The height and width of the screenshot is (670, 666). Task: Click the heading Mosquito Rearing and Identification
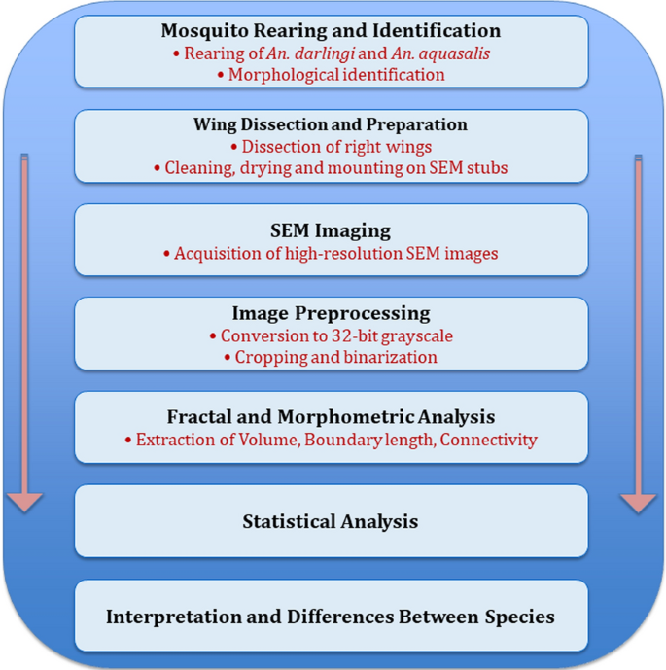coord(331,31)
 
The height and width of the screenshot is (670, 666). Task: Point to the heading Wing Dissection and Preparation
coord(331,124)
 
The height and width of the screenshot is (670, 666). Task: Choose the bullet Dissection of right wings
coord(332,147)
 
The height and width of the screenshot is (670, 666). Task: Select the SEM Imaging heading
coord(331,231)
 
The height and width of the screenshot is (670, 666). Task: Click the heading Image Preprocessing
coord(331,313)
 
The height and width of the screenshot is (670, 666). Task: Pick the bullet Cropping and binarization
coord(331,357)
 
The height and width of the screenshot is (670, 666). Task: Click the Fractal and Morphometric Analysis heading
coord(331,417)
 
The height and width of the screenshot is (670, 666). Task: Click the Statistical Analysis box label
coord(331,522)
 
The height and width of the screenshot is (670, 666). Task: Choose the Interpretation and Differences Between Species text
coord(331,617)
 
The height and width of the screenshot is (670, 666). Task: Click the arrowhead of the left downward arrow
coord(24,501)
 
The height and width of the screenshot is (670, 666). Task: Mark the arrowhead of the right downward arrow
coord(639,501)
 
